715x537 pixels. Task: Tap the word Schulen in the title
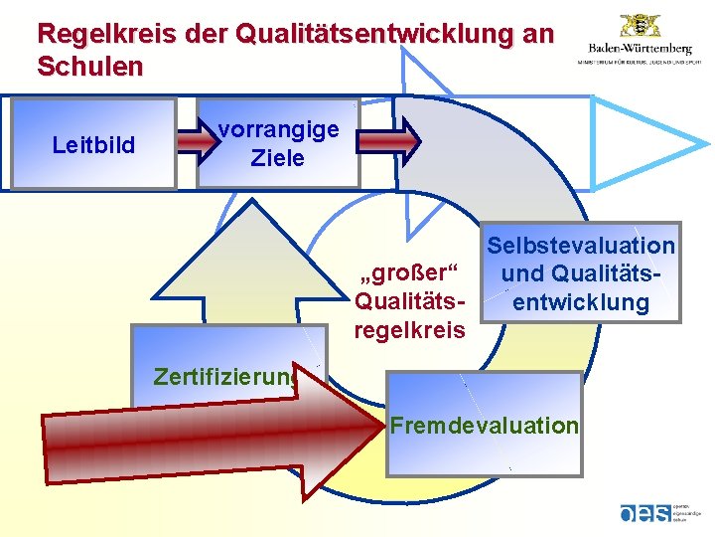89,67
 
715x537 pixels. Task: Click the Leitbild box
93,145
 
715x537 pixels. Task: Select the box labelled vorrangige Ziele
278,144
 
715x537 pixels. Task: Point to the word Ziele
278,158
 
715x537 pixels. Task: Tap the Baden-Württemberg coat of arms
640,26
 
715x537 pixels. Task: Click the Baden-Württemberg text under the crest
640,48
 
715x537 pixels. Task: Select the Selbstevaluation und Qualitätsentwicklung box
580,272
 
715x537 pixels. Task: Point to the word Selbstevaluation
580,246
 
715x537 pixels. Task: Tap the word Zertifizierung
224,377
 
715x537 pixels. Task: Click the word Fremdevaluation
484,426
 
